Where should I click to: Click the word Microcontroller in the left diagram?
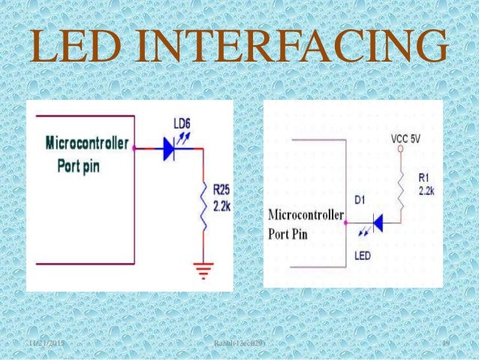(87, 142)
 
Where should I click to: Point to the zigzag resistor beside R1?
(400, 184)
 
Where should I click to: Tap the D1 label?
(360, 199)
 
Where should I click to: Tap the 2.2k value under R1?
(426, 192)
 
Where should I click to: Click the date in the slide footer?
(45, 343)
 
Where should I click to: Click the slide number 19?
(445, 343)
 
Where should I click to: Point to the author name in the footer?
(239, 343)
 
